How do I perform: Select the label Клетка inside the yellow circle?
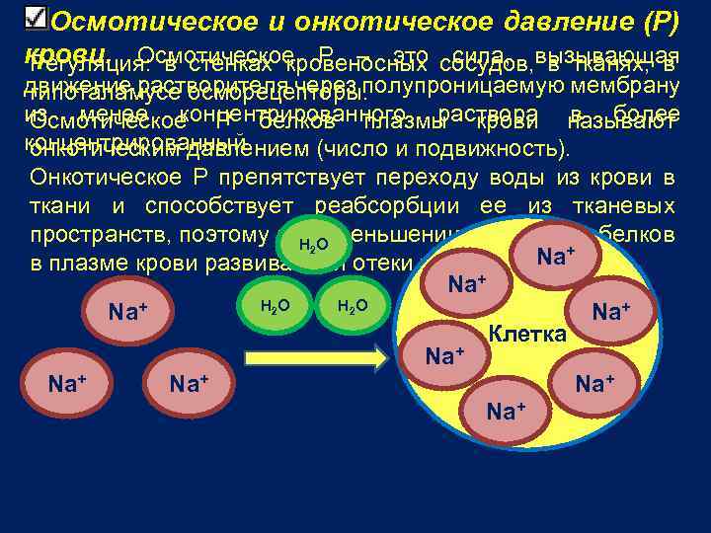(528, 334)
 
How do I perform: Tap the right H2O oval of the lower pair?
(353, 306)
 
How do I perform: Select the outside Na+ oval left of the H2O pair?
(128, 313)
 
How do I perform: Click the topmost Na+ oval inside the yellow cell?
(556, 256)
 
